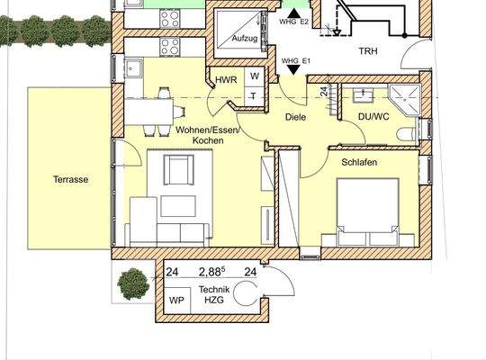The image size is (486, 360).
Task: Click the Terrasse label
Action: point(70,179)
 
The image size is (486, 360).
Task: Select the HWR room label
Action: point(226,80)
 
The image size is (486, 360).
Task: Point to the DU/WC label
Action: point(373,116)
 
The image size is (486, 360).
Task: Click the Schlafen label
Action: point(358,162)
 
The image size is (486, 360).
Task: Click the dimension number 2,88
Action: point(211,270)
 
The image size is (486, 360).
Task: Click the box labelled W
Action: point(255,77)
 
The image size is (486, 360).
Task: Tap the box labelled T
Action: point(255,95)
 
